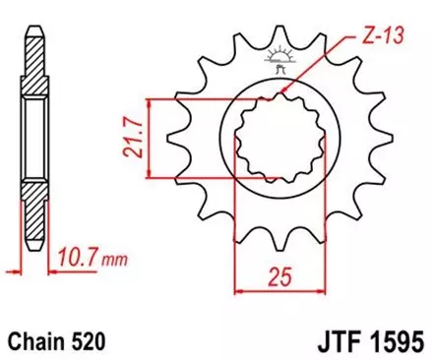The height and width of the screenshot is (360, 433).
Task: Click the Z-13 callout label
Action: click(367, 39)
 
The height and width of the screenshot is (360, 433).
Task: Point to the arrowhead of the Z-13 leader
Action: click(285, 95)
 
